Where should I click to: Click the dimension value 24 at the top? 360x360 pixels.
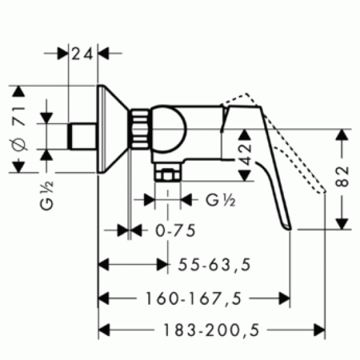(x=83, y=53)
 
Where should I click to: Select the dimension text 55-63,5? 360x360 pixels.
(x=213, y=263)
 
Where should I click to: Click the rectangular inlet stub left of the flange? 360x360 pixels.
(x=83, y=136)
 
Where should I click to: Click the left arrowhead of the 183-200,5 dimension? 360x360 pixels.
(x=103, y=329)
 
